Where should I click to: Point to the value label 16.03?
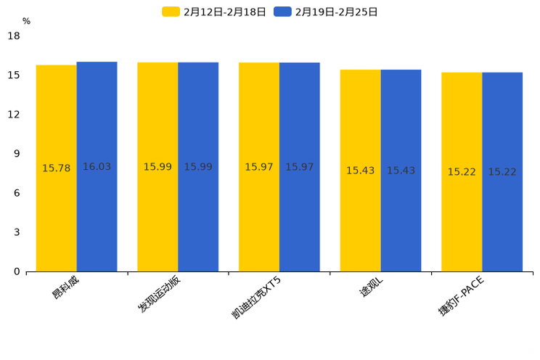pos(97,167)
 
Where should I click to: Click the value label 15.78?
pos(57,168)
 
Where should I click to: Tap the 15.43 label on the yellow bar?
pos(360,171)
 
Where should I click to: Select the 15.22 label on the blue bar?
pos(502,172)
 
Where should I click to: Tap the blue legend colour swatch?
pos(282,12)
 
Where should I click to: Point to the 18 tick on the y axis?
pos(14,36)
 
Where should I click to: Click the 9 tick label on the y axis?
pos(17,154)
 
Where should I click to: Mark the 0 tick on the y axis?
pos(17,271)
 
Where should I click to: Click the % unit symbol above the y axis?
pos(26,22)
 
